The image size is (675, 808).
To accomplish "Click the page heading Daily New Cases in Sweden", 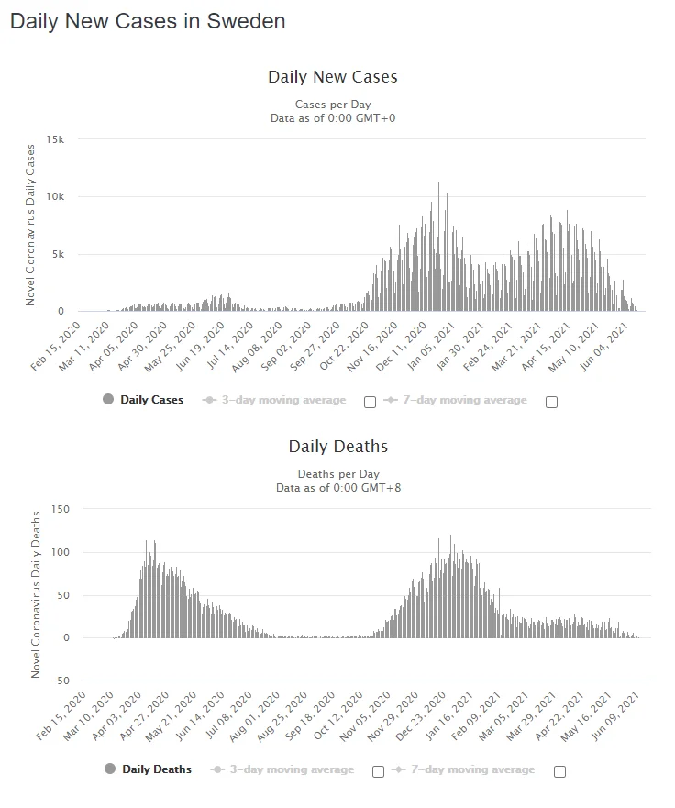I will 148,21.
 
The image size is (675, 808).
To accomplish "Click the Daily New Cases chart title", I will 332,77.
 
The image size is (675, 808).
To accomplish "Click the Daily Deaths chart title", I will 337,447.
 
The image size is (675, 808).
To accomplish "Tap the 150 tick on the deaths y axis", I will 62,509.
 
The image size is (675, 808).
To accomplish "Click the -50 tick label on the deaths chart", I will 61,681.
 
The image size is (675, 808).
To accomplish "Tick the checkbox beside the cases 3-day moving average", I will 370,402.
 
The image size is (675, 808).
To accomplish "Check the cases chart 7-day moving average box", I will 551,402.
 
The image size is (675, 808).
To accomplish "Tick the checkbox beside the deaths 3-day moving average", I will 378,771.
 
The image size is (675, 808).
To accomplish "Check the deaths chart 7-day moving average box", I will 559,771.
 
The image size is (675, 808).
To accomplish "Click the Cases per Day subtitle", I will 332,105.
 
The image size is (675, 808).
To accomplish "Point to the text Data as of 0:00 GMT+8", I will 337,488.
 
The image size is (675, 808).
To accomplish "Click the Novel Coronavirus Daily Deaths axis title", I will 37,594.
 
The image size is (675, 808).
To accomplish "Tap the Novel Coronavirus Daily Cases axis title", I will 30,225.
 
